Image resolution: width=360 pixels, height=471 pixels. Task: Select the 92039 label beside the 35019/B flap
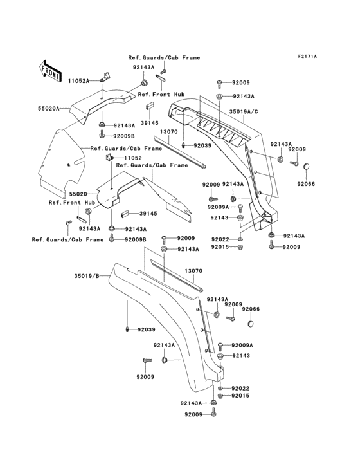coord(145,330)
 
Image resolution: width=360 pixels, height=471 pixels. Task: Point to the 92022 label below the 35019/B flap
coord(240,388)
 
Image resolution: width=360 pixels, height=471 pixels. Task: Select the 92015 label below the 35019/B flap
coord(240,396)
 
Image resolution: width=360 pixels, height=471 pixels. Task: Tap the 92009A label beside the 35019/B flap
coord(242,345)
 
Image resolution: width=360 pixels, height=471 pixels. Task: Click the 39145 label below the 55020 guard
coord(149,213)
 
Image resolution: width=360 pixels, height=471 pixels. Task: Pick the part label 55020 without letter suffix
coord(78,193)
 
